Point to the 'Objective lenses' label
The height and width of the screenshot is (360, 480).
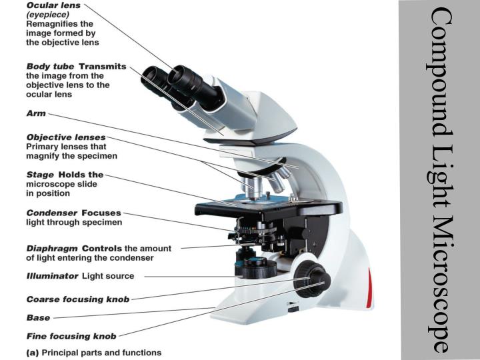(x=65, y=137)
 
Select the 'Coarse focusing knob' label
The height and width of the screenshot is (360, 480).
(x=77, y=299)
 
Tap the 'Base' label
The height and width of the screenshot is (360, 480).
(x=37, y=317)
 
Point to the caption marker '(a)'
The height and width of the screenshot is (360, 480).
(x=32, y=352)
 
